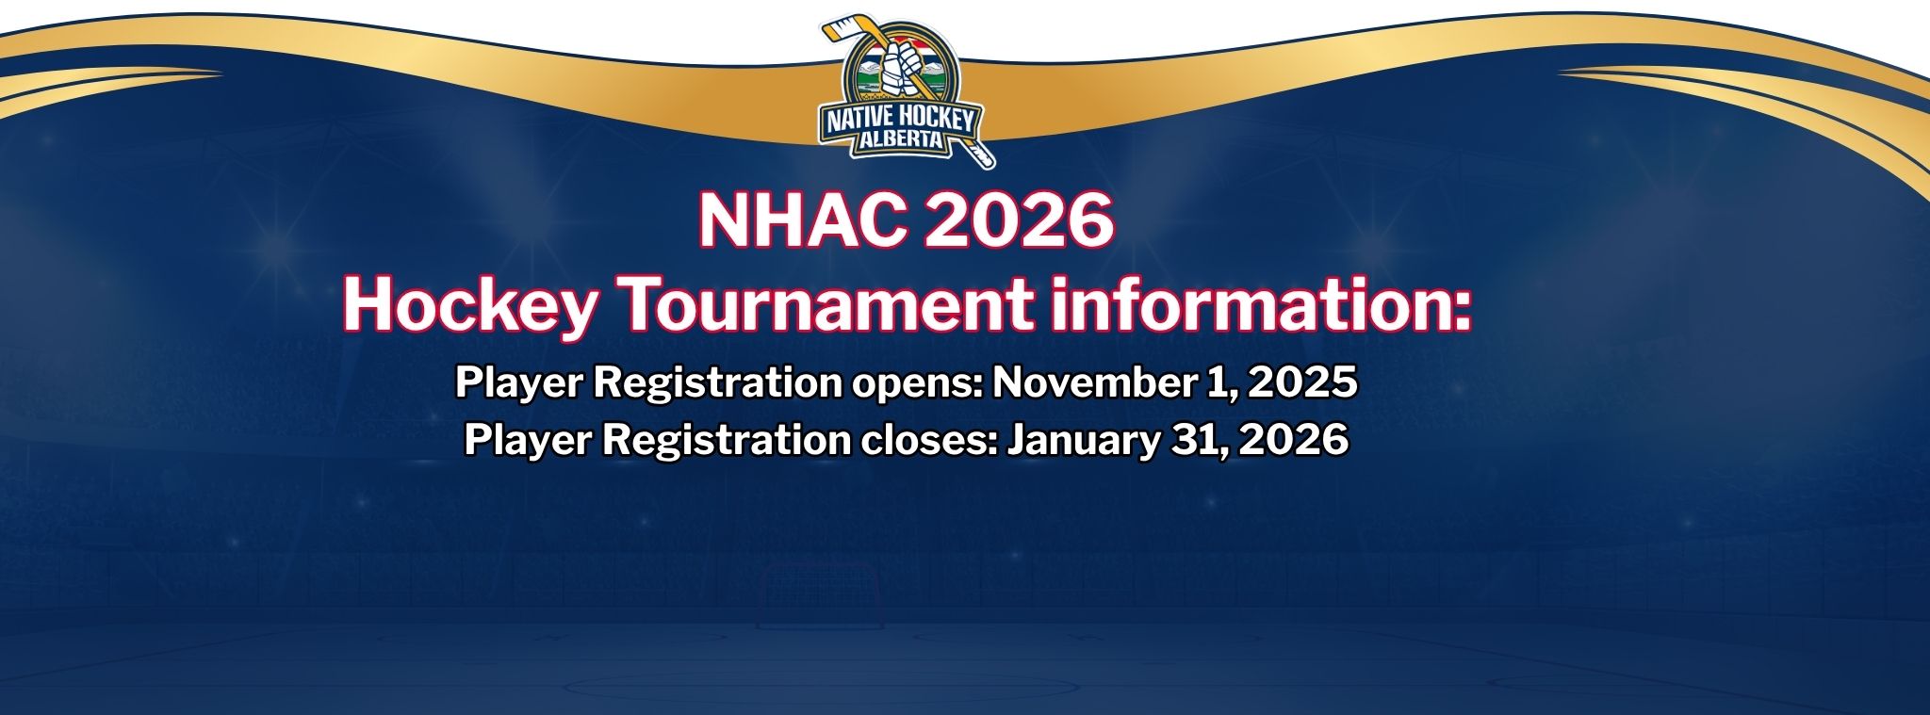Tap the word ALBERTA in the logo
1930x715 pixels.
point(902,140)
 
